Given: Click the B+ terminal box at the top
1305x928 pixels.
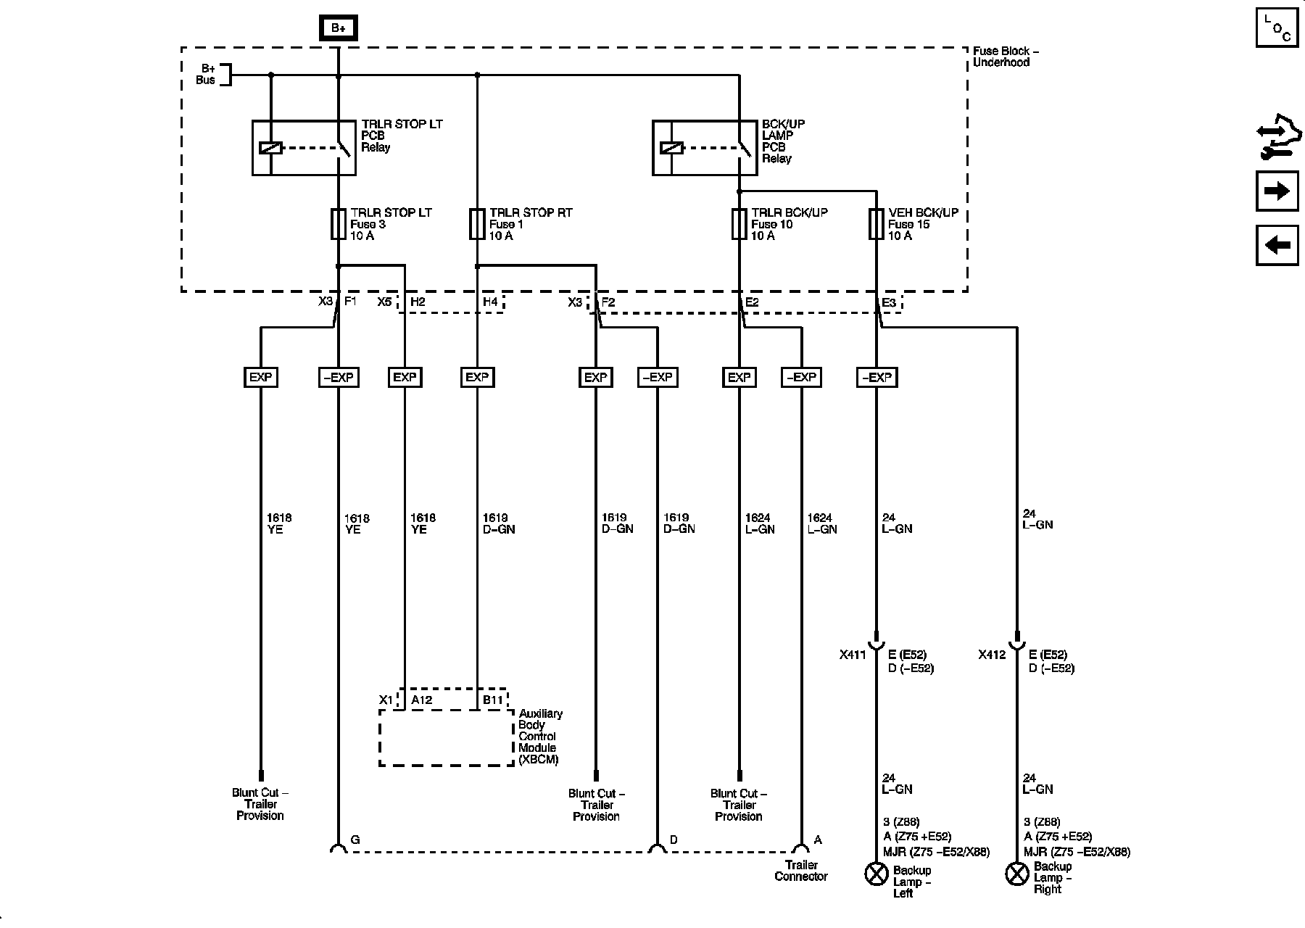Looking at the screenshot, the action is tap(339, 28).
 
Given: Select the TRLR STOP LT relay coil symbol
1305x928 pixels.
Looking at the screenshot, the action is tap(270, 148).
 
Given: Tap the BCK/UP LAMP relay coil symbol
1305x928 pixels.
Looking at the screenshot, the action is tap(672, 148).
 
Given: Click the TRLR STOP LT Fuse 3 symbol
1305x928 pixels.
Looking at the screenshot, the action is tap(339, 224).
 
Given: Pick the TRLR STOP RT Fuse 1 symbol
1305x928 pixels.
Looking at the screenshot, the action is tap(477, 224).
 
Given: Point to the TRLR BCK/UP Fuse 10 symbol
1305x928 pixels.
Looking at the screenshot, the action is tap(739, 224).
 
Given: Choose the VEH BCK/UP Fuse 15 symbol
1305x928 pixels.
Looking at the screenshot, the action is tap(877, 224).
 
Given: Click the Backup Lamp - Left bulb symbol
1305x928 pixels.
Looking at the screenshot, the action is tap(877, 874).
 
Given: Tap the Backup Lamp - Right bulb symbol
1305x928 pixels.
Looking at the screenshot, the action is tap(1017, 874).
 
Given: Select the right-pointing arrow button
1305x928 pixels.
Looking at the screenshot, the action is tap(1277, 191).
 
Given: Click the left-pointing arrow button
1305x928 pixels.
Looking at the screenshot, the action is tap(1277, 245).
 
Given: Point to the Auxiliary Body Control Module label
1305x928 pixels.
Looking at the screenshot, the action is tap(540, 737).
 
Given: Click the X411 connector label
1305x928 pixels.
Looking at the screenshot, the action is tap(853, 655).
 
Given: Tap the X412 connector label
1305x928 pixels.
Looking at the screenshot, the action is tap(992, 655).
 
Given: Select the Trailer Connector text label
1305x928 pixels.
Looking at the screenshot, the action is tap(801, 871).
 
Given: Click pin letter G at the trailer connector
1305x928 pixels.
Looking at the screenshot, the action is tap(355, 840).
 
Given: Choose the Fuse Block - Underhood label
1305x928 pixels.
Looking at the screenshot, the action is tap(1006, 57).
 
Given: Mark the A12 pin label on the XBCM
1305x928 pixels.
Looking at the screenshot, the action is tap(421, 700).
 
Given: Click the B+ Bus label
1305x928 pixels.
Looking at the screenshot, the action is tap(206, 75).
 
